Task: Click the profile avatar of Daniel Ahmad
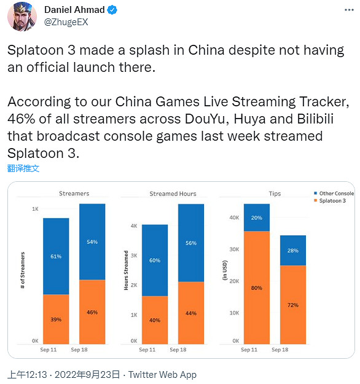[22, 17]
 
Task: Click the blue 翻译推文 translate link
[23, 168]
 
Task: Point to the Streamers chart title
[74, 194]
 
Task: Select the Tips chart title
[275, 194]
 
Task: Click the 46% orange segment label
[92, 313]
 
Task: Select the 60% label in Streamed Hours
[155, 261]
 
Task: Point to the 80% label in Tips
[257, 288]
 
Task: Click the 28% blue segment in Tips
[293, 250]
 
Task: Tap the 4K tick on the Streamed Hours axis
[133, 225]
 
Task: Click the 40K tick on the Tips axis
[233, 217]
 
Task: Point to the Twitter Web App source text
[162, 374]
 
